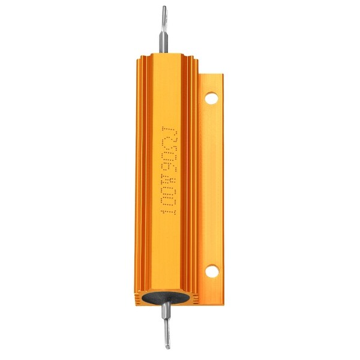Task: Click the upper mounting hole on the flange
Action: (211, 98)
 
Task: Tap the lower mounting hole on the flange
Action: (211, 271)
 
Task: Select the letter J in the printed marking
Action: (166, 128)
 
